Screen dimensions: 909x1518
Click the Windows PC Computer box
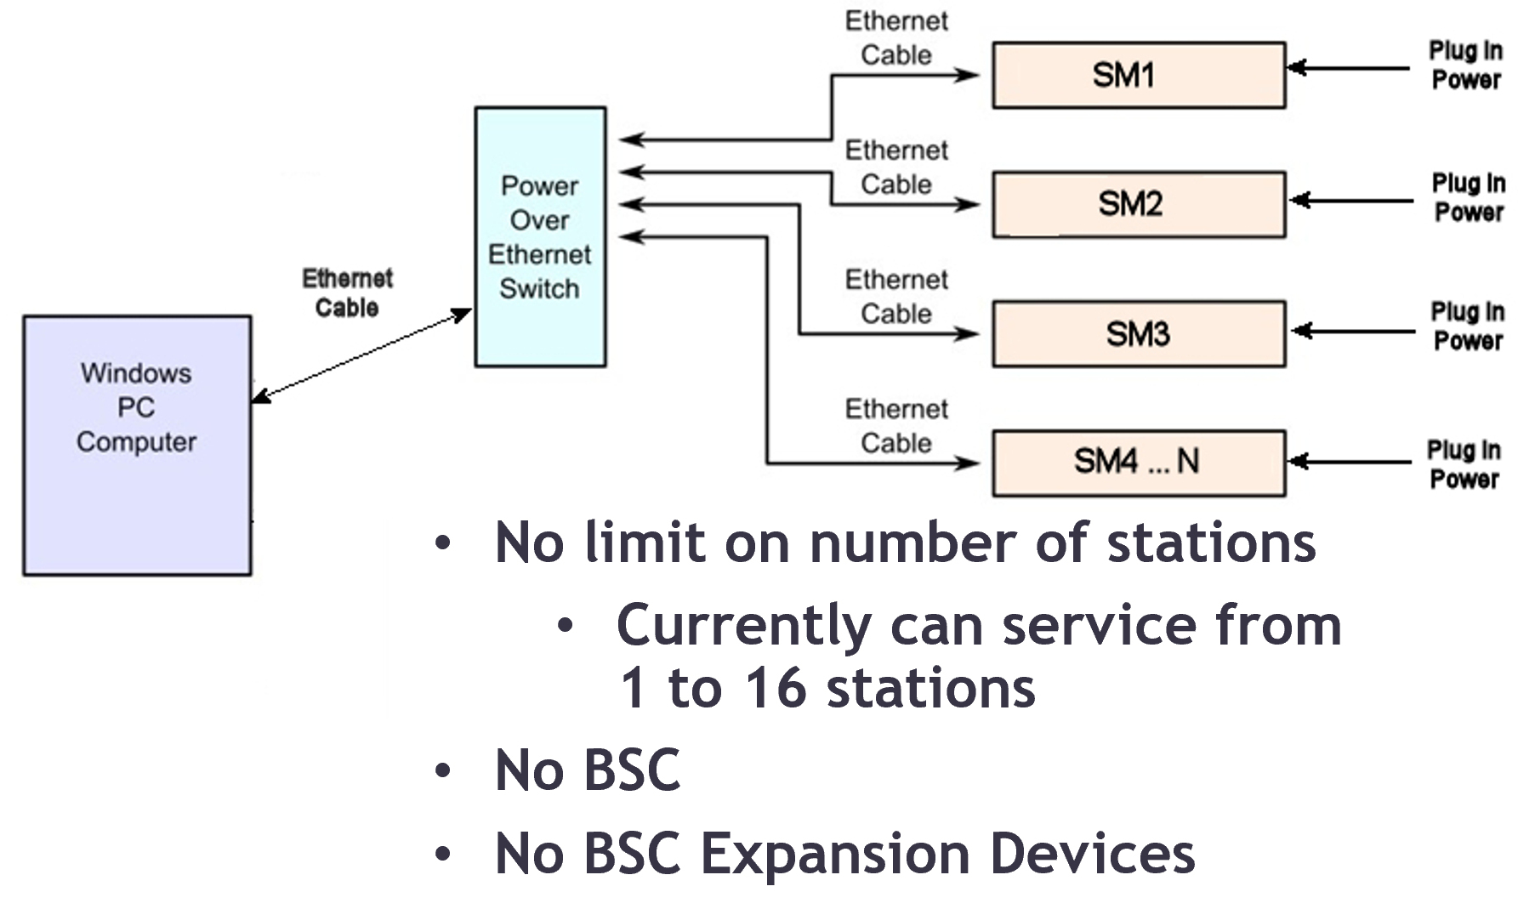coord(137,446)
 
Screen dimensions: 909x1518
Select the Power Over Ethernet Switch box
coord(540,236)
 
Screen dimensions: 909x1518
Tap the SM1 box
coord(1139,75)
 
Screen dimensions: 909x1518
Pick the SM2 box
coord(1139,204)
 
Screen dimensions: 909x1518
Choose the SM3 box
coord(1139,333)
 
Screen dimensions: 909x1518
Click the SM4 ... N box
coord(1139,463)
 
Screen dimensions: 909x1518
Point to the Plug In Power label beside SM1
coord(1465,65)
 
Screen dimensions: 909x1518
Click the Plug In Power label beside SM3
coord(1468,326)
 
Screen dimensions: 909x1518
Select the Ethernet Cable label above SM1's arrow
coord(896,38)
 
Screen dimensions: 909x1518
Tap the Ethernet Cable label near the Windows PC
coord(347,293)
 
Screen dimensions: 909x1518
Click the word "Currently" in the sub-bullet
coord(744,625)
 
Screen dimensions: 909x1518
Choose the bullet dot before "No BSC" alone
coord(442,771)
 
